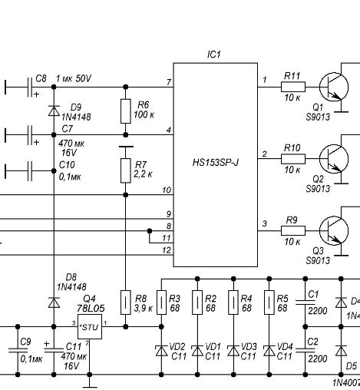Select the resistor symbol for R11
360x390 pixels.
[x=292, y=86]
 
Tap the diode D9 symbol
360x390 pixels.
[x=54, y=111]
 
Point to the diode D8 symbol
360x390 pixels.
[x=54, y=302]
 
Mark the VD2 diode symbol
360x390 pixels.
[x=161, y=350]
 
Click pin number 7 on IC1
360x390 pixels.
[x=168, y=81]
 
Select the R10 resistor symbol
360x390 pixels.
[x=292, y=159]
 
